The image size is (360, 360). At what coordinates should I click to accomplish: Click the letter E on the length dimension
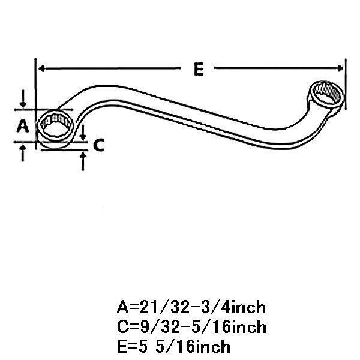pos(197,69)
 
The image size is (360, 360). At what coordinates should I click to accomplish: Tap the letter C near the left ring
pos(100,144)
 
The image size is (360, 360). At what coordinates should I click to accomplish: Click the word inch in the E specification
pos(209,347)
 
